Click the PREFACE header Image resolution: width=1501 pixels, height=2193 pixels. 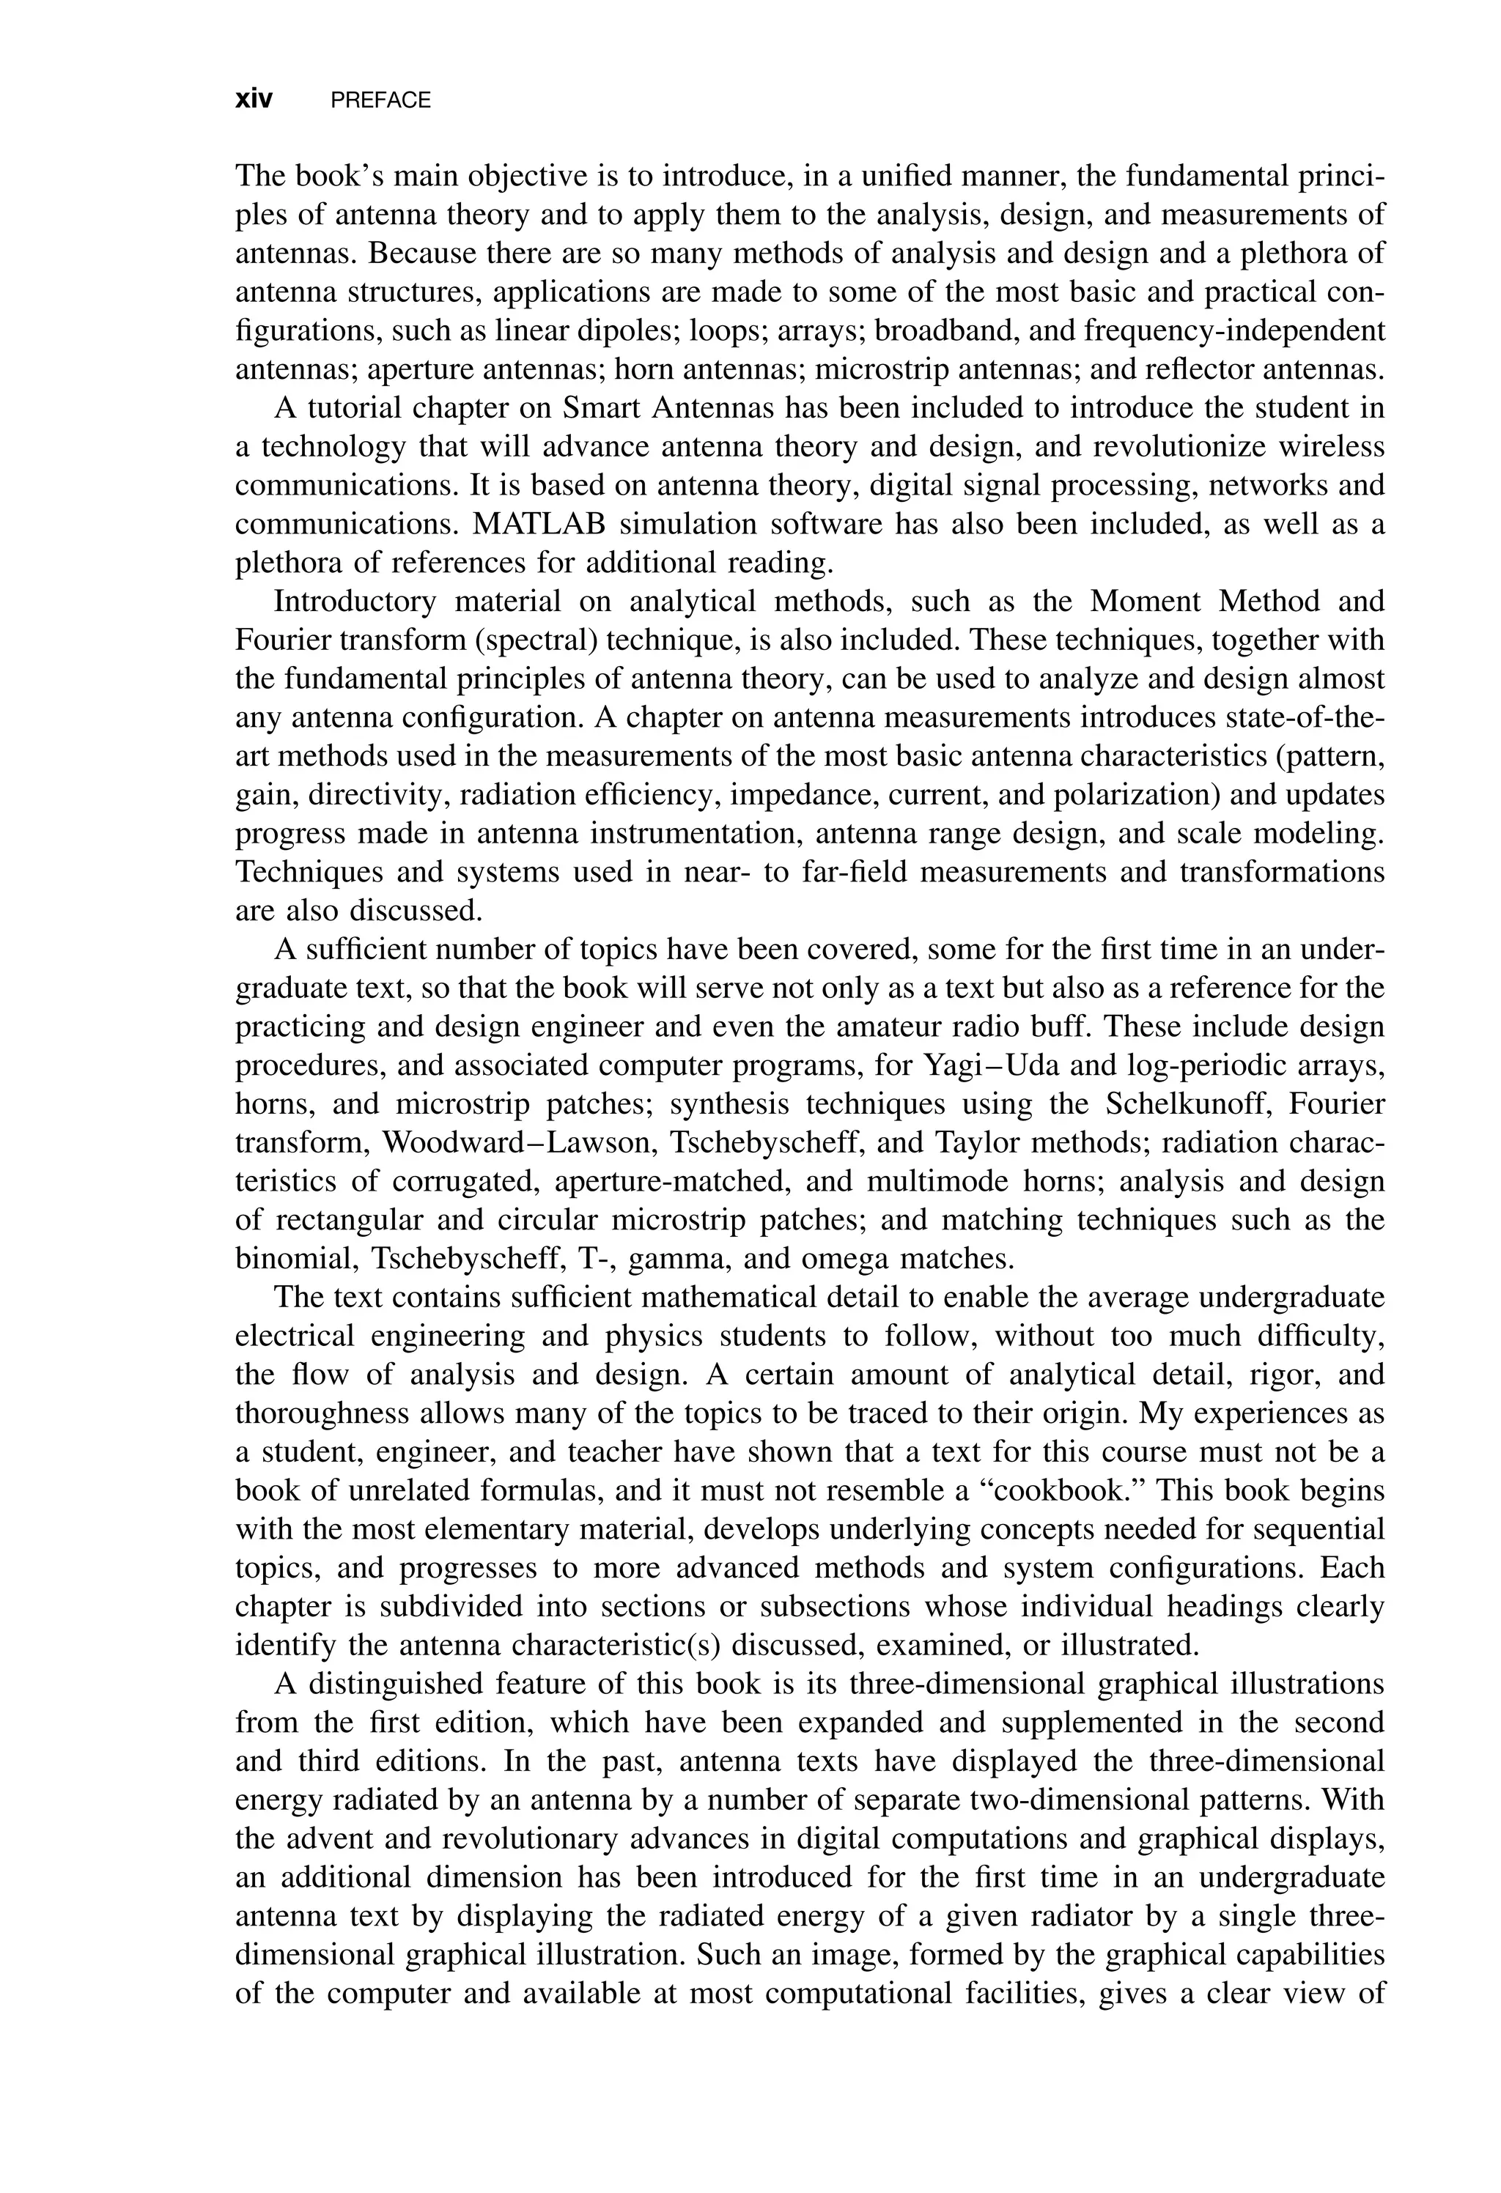(x=380, y=100)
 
